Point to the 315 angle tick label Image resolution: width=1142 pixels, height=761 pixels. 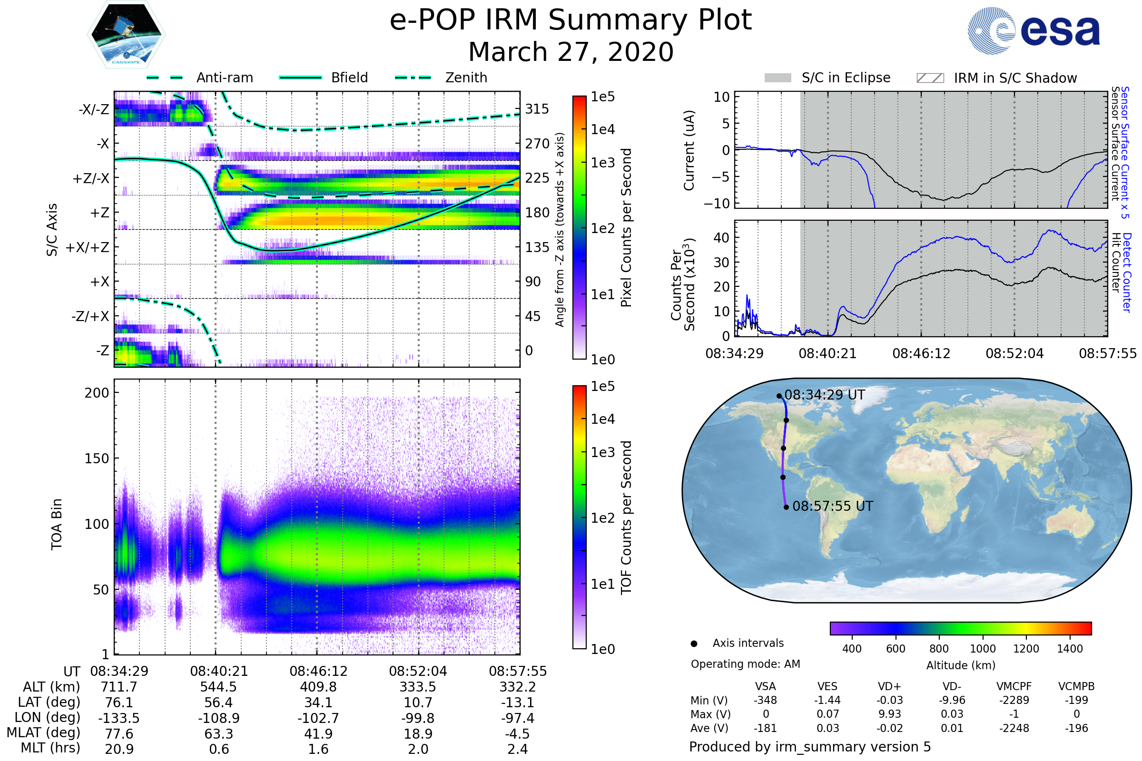[x=537, y=109]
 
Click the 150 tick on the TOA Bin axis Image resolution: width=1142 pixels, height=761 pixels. [x=97, y=459]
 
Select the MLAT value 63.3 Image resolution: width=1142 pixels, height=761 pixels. [x=219, y=734]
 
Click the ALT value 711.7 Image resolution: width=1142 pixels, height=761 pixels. [x=119, y=687]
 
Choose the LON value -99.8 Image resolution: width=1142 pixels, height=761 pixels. [x=418, y=718]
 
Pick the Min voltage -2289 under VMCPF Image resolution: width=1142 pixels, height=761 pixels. [x=1014, y=700]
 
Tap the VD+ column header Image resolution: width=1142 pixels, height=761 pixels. [x=889, y=687]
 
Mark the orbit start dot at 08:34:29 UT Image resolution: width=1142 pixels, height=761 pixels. [x=779, y=396]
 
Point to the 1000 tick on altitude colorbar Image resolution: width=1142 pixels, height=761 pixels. [x=983, y=649]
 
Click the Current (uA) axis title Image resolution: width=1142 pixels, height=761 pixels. [x=689, y=150]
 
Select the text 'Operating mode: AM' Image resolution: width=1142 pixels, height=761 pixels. [x=745, y=664]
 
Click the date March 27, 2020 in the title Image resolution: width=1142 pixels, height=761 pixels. [x=571, y=52]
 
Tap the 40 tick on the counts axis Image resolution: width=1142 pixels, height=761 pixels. [x=721, y=238]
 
